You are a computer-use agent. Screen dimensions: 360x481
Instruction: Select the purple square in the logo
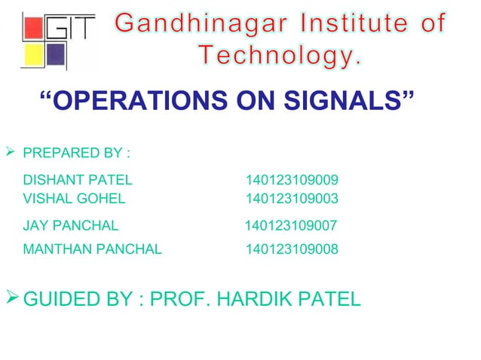[57, 55]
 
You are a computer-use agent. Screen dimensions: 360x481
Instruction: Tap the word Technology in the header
[280, 56]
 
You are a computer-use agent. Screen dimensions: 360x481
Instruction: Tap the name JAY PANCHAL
[71, 225]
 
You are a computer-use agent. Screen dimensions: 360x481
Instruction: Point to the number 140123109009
[292, 181]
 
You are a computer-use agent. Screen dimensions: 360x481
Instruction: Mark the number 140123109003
[292, 199]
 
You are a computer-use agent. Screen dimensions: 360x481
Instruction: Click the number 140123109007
[291, 225]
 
